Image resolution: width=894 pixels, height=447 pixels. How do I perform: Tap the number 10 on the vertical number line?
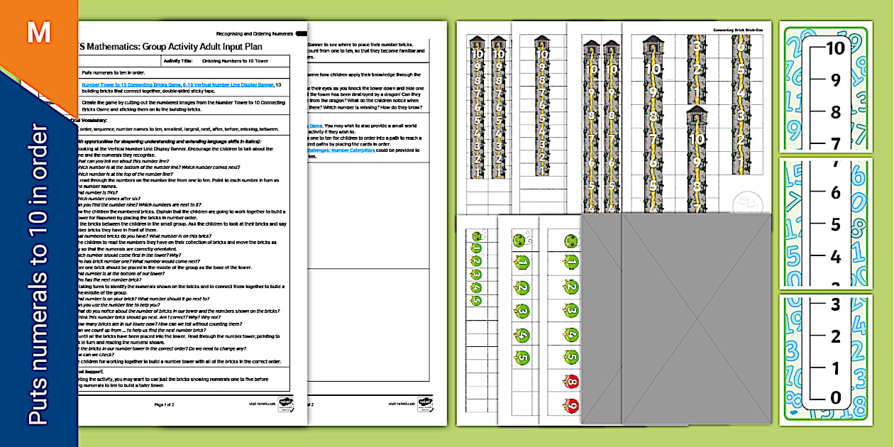coord(835,48)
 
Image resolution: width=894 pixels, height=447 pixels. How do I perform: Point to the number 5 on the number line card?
coord(835,225)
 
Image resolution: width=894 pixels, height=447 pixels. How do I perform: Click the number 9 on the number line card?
coord(835,80)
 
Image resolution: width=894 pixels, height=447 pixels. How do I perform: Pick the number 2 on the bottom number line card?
coord(835,336)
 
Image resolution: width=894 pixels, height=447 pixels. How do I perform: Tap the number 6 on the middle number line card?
coord(835,193)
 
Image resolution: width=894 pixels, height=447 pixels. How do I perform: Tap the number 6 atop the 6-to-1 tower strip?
coord(741,48)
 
